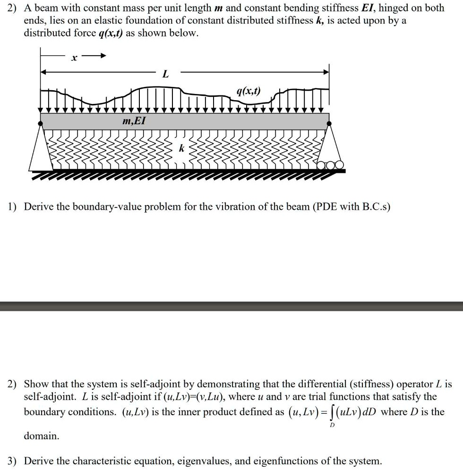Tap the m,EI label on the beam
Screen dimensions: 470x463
(x=134, y=121)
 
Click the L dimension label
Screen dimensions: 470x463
(x=165, y=74)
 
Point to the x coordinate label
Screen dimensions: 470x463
(x=73, y=58)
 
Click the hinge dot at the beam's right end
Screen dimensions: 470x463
(x=329, y=123)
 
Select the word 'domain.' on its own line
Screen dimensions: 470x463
(x=42, y=436)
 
